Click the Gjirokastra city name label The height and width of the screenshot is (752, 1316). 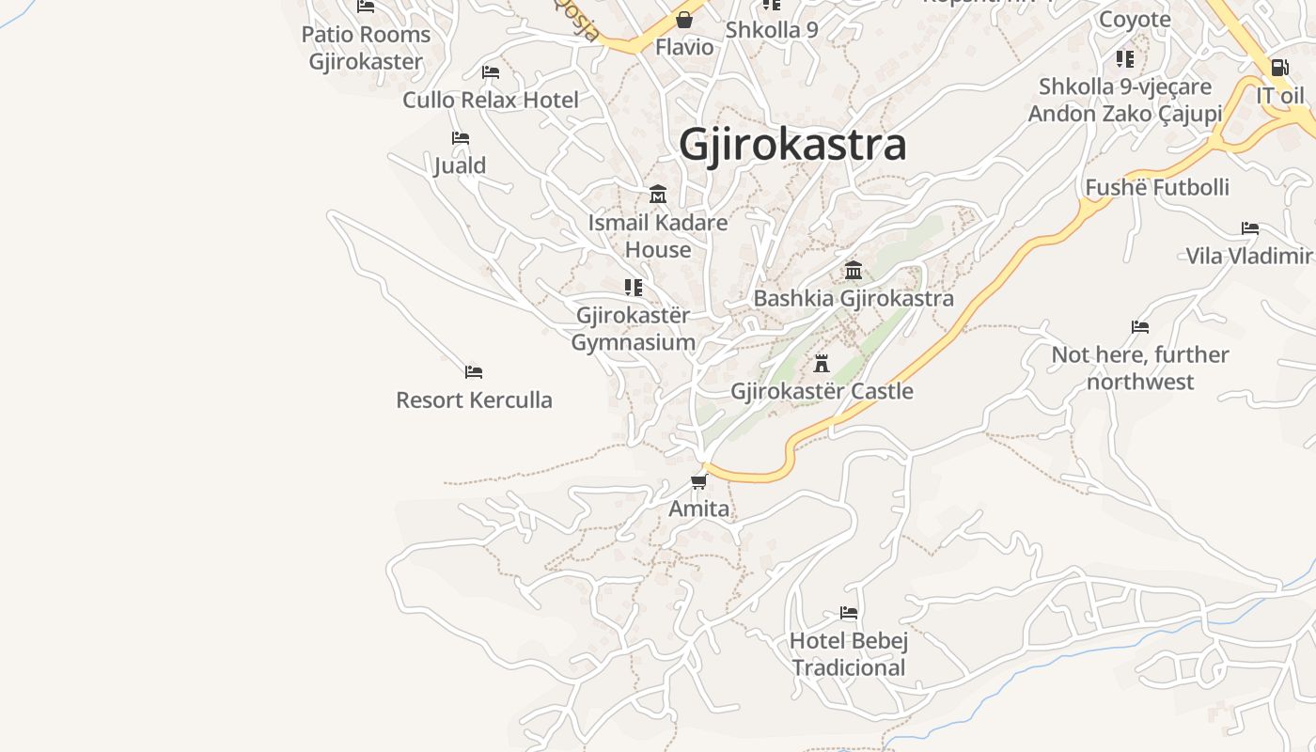point(792,145)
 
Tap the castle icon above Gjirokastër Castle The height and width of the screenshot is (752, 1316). point(822,363)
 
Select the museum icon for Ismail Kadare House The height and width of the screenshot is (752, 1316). point(658,195)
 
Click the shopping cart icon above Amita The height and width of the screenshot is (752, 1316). point(698,482)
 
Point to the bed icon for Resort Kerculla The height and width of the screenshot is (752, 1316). point(474,372)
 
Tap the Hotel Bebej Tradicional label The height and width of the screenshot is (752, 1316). point(849,654)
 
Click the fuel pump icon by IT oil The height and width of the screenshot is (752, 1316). point(1279,68)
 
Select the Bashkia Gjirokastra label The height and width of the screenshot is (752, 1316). point(854,298)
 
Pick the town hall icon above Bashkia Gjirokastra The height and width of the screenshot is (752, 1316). point(854,271)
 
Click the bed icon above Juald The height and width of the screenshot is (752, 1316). point(460,138)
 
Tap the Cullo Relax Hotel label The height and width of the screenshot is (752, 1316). point(491,100)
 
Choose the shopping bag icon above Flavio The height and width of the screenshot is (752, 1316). point(684,20)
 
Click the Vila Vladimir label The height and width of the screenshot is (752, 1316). point(1248,256)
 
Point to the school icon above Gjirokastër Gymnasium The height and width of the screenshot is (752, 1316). point(634,287)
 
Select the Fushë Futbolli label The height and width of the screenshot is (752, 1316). point(1157,187)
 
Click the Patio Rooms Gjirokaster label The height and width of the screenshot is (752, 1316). point(366,48)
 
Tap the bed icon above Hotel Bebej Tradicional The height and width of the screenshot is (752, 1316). point(849,613)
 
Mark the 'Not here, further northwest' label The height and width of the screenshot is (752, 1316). point(1140,368)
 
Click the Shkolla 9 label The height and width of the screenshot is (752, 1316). point(772,29)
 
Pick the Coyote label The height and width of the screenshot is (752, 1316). point(1135,19)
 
